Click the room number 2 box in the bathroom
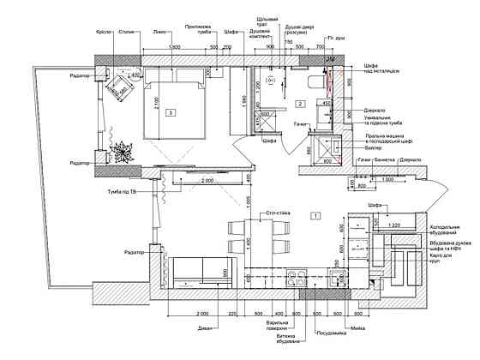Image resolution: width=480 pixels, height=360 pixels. (x=300, y=104)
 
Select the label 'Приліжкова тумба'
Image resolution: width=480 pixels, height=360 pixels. (x=199, y=29)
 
